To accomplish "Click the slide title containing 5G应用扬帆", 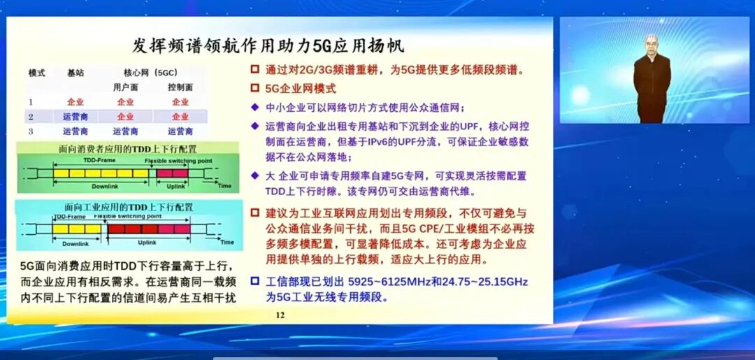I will pos(268,46).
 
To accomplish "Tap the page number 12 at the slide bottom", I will pos(280,315).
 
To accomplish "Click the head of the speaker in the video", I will pos(652,43).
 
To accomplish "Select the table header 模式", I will pos(36,73).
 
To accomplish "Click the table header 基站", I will pos(75,73).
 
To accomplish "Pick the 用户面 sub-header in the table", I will pos(125,87).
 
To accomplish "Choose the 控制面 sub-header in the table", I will pos(180,87).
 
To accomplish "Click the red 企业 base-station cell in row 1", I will pos(75,102).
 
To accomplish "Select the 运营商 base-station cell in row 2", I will pos(75,117).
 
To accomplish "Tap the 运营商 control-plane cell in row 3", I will pos(180,131).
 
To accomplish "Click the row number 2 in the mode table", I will pos(31,117).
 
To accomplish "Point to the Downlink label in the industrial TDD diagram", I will pos(75,243).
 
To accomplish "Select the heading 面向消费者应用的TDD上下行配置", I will pos(127,149).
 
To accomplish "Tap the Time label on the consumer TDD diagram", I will pos(224,186).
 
